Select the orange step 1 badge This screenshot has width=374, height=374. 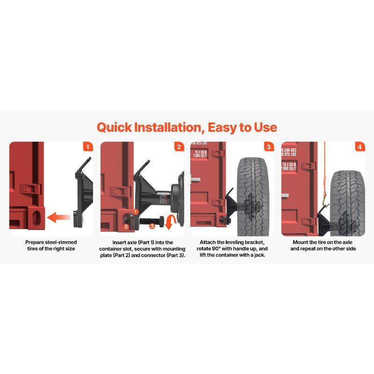point(87,147)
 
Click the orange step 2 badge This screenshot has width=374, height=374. point(179,147)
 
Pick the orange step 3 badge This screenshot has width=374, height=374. point(268,147)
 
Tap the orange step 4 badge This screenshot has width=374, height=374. point(359,147)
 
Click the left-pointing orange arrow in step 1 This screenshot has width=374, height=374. point(59,217)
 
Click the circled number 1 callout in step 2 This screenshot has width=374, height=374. point(135,212)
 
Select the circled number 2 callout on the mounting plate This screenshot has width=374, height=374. point(126,227)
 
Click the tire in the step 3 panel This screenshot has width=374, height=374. point(253,196)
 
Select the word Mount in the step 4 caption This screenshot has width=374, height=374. point(301,242)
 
